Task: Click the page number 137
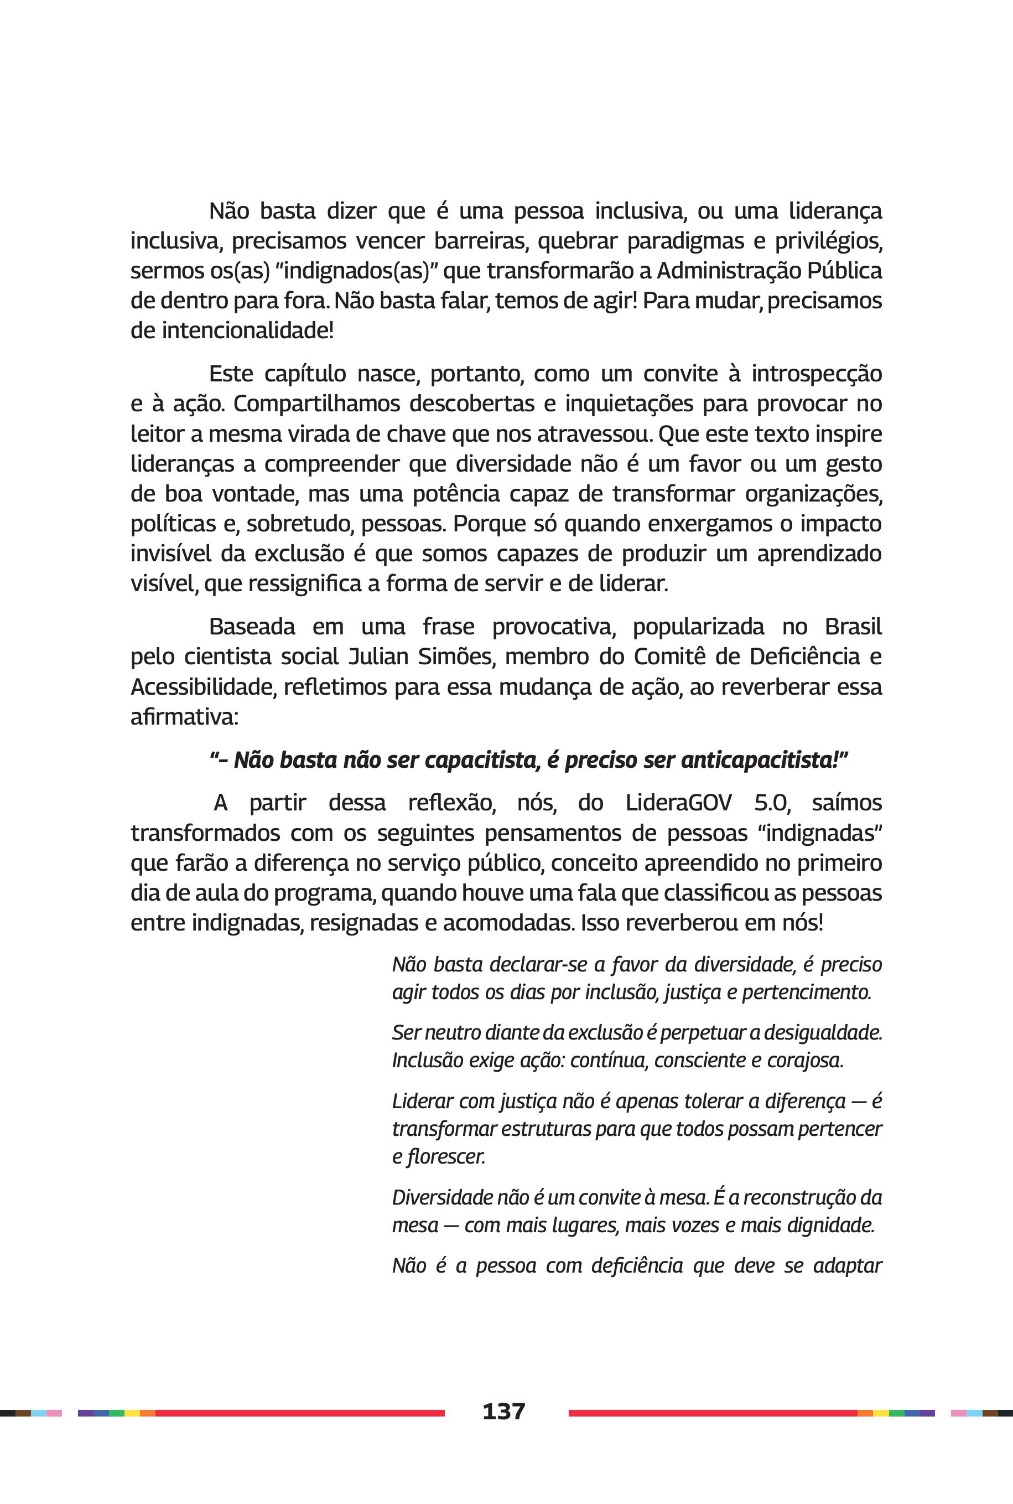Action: coord(504,1410)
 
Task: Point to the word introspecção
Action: coord(816,374)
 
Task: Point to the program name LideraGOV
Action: coord(678,803)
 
